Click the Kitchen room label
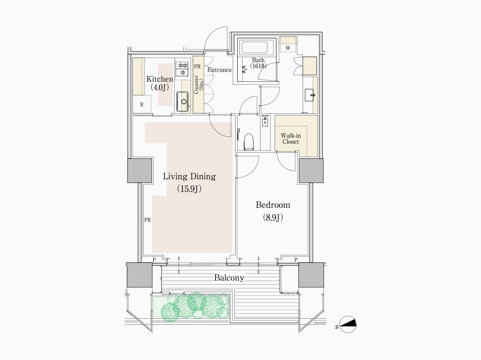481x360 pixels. coord(160,79)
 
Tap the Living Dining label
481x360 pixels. coord(189,176)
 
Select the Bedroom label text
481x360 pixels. coord(273,205)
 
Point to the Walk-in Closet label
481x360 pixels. coord(291,138)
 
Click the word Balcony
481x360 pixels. coord(229,278)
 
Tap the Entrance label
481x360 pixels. coord(219,70)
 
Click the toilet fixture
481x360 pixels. coord(249,142)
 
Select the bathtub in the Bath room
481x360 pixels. coord(254,48)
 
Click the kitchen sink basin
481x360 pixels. coord(183,101)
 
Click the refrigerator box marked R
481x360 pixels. coord(142,104)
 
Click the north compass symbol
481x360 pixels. coord(348,324)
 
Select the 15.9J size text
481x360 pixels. coord(189,189)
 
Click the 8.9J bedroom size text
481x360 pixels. coord(273,218)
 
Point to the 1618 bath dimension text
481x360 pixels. coord(258,66)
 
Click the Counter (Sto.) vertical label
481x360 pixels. coord(198,85)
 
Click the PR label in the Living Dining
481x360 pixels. coord(148,220)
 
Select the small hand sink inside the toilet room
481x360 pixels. coord(265,121)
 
